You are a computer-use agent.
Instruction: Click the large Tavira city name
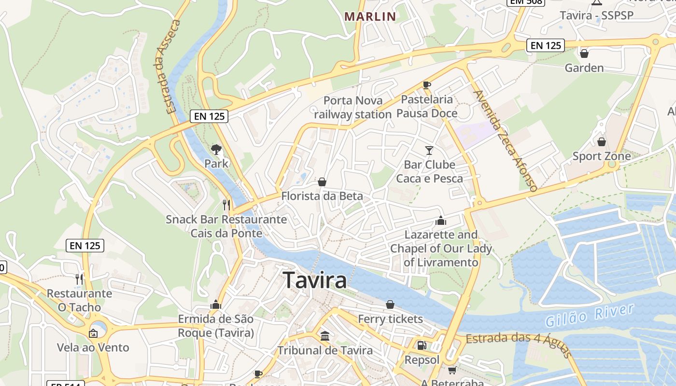pyautogui.click(x=314, y=280)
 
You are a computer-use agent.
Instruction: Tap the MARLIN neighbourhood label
pyautogui.click(x=370, y=16)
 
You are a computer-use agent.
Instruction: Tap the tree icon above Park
pyautogui.click(x=216, y=149)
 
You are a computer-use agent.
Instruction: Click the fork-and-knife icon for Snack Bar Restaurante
pyautogui.click(x=226, y=205)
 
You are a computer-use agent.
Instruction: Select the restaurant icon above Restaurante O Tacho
pyautogui.click(x=79, y=279)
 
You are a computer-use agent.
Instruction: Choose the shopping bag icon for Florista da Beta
pyautogui.click(x=322, y=182)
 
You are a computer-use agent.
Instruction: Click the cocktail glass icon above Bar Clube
pyautogui.click(x=429, y=150)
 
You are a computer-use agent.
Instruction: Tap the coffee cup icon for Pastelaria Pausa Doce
pyautogui.click(x=426, y=85)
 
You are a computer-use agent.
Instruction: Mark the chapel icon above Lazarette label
pyautogui.click(x=440, y=221)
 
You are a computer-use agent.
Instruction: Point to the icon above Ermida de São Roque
pyautogui.click(x=215, y=304)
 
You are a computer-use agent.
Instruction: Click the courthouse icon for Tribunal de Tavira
pyautogui.click(x=325, y=336)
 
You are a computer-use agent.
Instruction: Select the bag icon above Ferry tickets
pyautogui.click(x=390, y=304)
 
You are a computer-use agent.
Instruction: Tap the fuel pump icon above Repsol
pyautogui.click(x=422, y=345)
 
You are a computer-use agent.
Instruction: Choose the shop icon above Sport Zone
pyautogui.click(x=601, y=142)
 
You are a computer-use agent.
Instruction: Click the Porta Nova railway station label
pyautogui.click(x=353, y=107)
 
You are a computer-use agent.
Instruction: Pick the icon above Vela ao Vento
pyautogui.click(x=93, y=333)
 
